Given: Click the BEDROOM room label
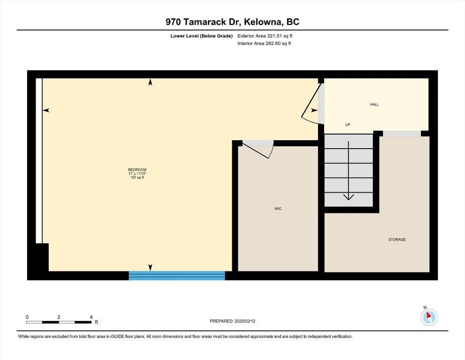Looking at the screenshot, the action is point(137,170).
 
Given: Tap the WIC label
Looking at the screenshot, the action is point(278,209).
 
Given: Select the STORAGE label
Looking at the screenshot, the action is point(397,240).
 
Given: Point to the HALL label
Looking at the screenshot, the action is point(375,105).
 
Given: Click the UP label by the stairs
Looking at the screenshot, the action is point(348,125).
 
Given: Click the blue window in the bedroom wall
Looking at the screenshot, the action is point(177,276).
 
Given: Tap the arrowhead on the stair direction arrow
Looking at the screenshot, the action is point(348,197).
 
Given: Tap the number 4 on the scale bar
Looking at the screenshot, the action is point(91,317).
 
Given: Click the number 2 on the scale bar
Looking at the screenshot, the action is point(59,317).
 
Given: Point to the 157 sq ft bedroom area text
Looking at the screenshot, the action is point(137,178).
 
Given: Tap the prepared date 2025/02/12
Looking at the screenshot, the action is point(245,321).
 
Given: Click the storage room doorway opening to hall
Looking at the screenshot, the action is point(402,134).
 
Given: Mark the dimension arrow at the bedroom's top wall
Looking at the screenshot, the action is point(150,82).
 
